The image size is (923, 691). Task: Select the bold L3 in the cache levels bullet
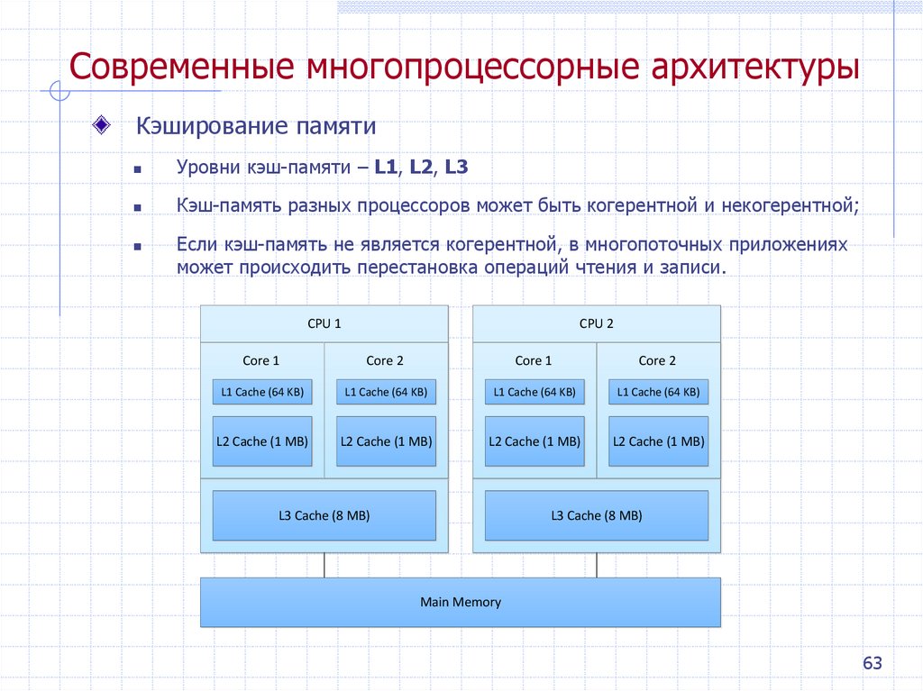(x=456, y=167)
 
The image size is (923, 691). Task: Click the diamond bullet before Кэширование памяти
(x=102, y=123)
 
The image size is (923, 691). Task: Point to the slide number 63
(x=872, y=663)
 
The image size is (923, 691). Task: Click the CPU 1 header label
(x=324, y=323)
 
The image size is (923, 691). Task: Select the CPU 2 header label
(x=596, y=323)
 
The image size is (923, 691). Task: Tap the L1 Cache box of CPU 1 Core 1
(x=261, y=392)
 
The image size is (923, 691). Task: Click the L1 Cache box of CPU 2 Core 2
(x=658, y=392)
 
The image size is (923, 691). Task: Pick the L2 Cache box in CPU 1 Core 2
(x=386, y=441)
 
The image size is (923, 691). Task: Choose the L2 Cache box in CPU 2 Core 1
(x=535, y=441)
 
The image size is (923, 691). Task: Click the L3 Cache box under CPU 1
(x=324, y=515)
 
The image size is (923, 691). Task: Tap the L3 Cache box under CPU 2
(x=596, y=515)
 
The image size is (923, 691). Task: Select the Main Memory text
(x=460, y=602)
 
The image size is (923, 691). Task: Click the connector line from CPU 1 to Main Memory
(x=324, y=565)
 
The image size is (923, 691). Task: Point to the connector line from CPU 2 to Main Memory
(x=596, y=565)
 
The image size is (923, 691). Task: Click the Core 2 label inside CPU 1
(x=385, y=360)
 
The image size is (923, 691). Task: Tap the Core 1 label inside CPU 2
(x=528, y=360)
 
